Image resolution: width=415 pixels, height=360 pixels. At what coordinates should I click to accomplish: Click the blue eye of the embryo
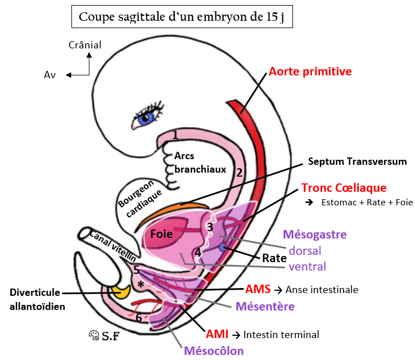click(x=147, y=118)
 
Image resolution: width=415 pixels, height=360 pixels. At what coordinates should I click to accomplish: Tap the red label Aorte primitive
click(x=310, y=71)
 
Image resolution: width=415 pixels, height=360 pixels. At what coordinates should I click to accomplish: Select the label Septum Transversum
click(x=357, y=162)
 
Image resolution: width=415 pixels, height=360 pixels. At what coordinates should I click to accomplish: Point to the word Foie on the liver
click(x=161, y=232)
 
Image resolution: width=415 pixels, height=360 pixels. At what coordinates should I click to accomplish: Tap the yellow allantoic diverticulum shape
click(x=119, y=291)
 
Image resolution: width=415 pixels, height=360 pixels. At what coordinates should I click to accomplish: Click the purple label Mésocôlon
click(x=214, y=351)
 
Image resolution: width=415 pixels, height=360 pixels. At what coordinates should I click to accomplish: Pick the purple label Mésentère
click(x=265, y=307)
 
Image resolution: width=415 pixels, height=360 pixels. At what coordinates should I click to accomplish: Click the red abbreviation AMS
click(x=258, y=290)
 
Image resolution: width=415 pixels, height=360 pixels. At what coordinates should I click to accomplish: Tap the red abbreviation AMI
click(x=216, y=335)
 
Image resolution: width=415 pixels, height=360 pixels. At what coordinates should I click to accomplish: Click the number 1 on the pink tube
click(x=175, y=135)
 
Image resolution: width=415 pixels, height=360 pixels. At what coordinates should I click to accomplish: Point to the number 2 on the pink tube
click(x=239, y=173)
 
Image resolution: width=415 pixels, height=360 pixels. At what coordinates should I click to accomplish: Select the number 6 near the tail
click(x=139, y=317)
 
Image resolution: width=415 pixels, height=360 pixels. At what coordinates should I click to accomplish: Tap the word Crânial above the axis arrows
click(x=84, y=44)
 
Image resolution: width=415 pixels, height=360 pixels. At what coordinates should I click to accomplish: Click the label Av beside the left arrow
click(x=50, y=75)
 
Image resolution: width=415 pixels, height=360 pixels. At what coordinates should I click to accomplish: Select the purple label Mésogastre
click(x=314, y=234)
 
